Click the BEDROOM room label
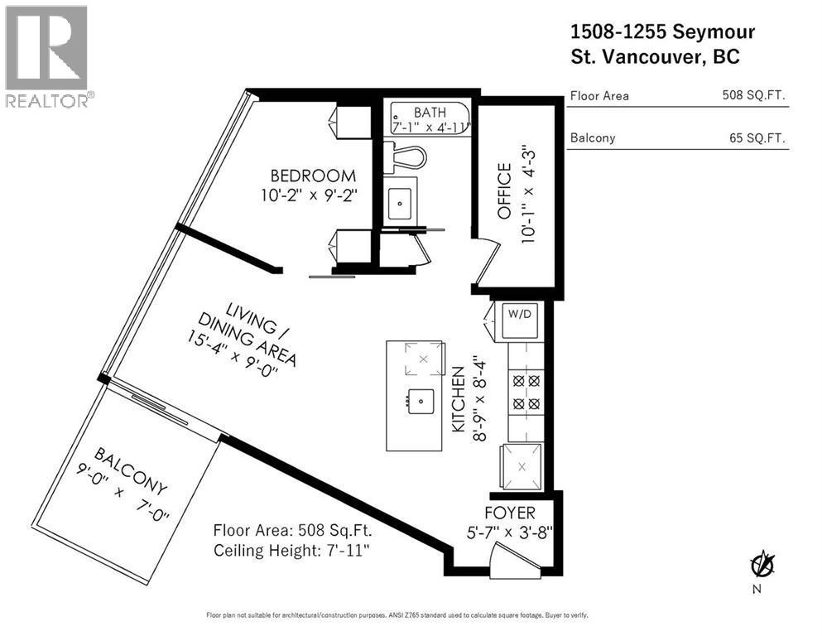click(313, 176)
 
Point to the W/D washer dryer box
click(517, 320)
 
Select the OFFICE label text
click(503, 192)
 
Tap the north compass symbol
click(762, 566)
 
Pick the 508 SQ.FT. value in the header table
click(752, 96)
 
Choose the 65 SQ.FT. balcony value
click(756, 138)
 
